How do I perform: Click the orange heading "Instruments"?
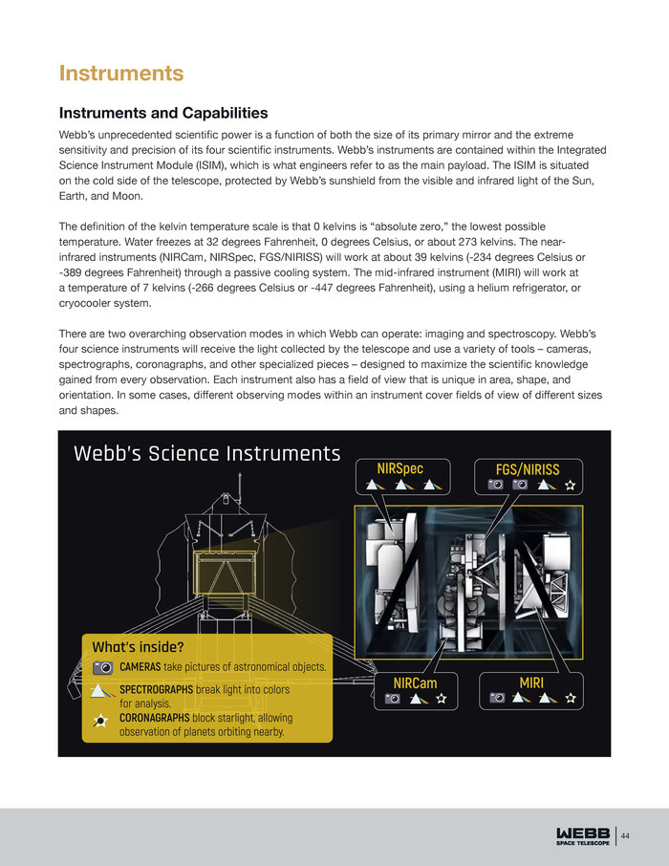click(x=120, y=74)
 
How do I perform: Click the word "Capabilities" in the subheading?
click(x=218, y=114)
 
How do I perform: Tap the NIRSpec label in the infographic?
click(x=399, y=468)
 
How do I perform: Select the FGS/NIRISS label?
click(x=528, y=469)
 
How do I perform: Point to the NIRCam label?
click(x=415, y=682)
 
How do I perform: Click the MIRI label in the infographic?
click(x=531, y=682)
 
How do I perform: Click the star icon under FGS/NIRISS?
click(x=570, y=486)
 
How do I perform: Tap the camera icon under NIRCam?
click(x=392, y=699)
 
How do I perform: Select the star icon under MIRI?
click(x=570, y=699)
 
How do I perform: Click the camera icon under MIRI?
click(x=496, y=699)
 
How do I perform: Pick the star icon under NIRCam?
click(x=442, y=699)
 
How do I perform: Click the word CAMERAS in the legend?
click(x=140, y=666)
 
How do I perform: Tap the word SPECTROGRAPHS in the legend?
click(x=156, y=689)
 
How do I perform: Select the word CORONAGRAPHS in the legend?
click(x=154, y=718)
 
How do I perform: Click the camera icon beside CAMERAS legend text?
click(x=104, y=666)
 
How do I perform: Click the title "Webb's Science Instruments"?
click(x=206, y=454)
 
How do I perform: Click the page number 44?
click(x=626, y=837)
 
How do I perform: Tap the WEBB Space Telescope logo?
click(x=582, y=835)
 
